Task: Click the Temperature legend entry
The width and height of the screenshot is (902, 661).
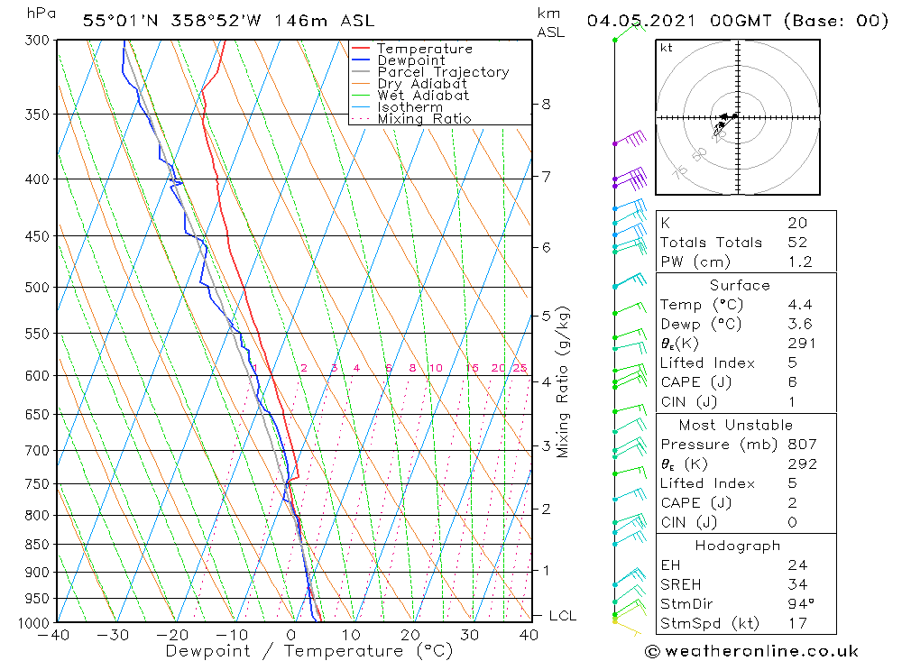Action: (x=424, y=49)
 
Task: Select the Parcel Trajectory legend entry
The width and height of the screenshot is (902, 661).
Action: (x=443, y=72)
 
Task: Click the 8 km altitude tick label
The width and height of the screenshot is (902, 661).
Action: (x=546, y=104)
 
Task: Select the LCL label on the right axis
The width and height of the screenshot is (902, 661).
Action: (x=562, y=616)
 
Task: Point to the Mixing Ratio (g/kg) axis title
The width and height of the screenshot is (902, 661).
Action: (x=563, y=381)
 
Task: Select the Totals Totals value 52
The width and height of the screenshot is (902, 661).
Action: (x=797, y=243)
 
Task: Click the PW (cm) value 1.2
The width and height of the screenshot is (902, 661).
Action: (x=800, y=262)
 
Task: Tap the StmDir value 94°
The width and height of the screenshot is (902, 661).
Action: (x=800, y=604)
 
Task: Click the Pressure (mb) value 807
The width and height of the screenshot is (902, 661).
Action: (x=802, y=445)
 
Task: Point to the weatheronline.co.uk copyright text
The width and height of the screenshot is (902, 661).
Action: (x=751, y=650)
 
